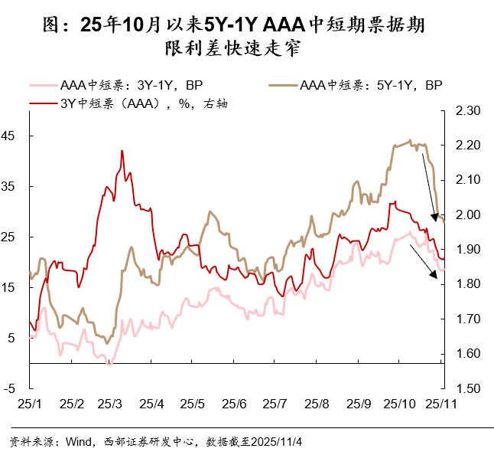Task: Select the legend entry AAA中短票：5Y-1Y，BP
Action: click(372, 85)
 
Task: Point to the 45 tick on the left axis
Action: click(15, 136)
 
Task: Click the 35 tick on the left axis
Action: click(15, 186)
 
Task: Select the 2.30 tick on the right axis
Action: click(466, 111)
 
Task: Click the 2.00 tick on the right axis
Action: click(466, 214)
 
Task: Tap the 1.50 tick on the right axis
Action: click(466, 388)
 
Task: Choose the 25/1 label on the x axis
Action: click(30, 403)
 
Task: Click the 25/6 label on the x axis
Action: click(234, 403)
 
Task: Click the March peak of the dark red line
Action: click(122, 151)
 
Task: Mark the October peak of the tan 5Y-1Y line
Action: click(411, 140)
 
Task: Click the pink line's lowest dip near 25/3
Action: click(109, 364)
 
